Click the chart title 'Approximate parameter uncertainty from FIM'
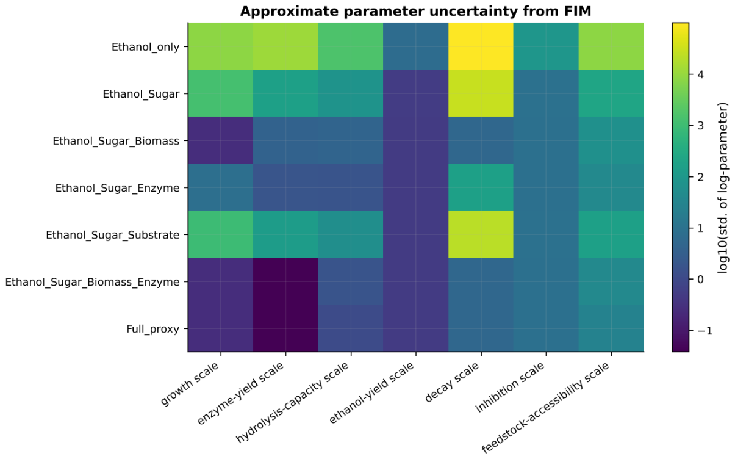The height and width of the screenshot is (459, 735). [x=415, y=12]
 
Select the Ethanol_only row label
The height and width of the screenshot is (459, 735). [x=145, y=47]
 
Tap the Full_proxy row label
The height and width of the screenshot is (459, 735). [x=153, y=329]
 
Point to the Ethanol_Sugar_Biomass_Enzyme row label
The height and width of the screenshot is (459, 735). [x=92, y=282]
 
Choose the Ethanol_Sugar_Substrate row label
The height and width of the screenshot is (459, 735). [x=113, y=235]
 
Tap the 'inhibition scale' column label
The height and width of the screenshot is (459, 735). [x=510, y=388]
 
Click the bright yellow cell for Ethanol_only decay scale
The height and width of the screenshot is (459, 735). [x=481, y=46]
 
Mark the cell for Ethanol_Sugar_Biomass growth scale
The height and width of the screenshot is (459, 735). [x=220, y=140]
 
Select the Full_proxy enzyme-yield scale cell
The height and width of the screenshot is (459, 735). [x=285, y=328]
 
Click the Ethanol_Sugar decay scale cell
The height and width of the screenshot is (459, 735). [x=481, y=93]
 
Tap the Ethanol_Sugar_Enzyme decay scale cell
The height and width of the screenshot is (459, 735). [x=481, y=187]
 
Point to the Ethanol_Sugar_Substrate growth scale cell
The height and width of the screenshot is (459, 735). [x=220, y=234]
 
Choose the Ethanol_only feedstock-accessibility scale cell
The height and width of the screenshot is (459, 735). [x=611, y=46]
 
